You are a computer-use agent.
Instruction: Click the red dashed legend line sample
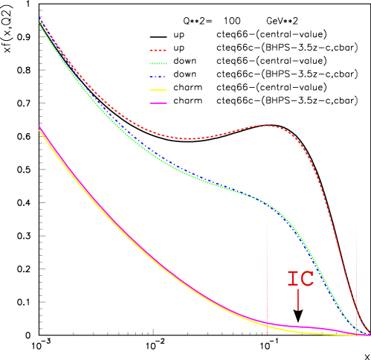(x=158, y=51)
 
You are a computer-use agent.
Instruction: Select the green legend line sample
(x=158, y=63)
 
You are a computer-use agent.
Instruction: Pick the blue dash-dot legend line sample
(x=158, y=77)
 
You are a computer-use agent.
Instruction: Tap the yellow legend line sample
(x=158, y=90)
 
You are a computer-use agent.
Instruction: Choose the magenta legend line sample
(x=158, y=103)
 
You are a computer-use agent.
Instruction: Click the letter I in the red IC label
(x=292, y=279)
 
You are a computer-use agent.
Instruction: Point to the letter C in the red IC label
(x=306, y=279)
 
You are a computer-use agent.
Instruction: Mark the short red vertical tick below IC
(x=297, y=300)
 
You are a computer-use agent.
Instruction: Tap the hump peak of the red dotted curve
(x=265, y=125)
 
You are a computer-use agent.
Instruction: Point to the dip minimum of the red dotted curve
(x=190, y=138)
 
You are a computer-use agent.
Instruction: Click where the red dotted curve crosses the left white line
(x=268, y=125)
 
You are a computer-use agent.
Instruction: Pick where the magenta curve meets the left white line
(x=268, y=323)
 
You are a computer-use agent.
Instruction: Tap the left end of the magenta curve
(x=39, y=127)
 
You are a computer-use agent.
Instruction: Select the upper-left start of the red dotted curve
(x=39, y=18)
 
